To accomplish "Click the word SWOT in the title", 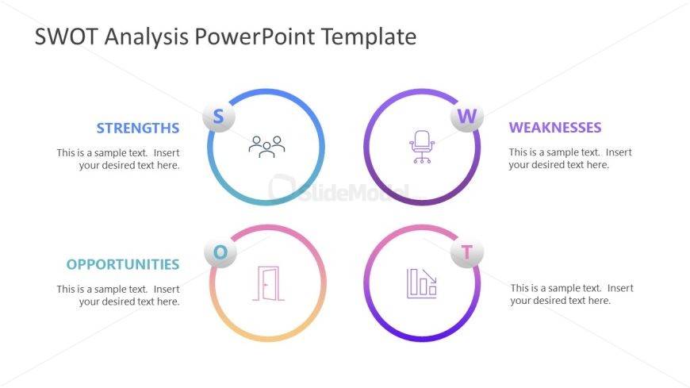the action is [x=66, y=36].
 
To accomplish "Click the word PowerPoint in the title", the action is [x=254, y=36].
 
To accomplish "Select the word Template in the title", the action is [x=369, y=37].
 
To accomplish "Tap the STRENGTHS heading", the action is [x=138, y=129].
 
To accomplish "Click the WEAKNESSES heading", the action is [x=555, y=128].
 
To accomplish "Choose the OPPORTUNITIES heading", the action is [x=123, y=264].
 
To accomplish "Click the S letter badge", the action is [x=219, y=117].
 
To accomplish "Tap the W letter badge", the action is [x=467, y=117].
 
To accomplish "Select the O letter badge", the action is [x=220, y=252].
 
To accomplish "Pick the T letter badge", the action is [x=467, y=252].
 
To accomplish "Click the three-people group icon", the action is [x=266, y=147].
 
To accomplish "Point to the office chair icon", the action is [x=422, y=147].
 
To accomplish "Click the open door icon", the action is [x=268, y=283].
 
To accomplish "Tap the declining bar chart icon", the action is [x=422, y=283].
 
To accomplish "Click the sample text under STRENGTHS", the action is [x=118, y=159].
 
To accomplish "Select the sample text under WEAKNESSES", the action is [x=570, y=159].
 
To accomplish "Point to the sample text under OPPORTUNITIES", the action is [x=118, y=295].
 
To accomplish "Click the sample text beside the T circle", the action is [x=572, y=294].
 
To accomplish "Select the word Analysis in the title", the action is [x=146, y=37].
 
